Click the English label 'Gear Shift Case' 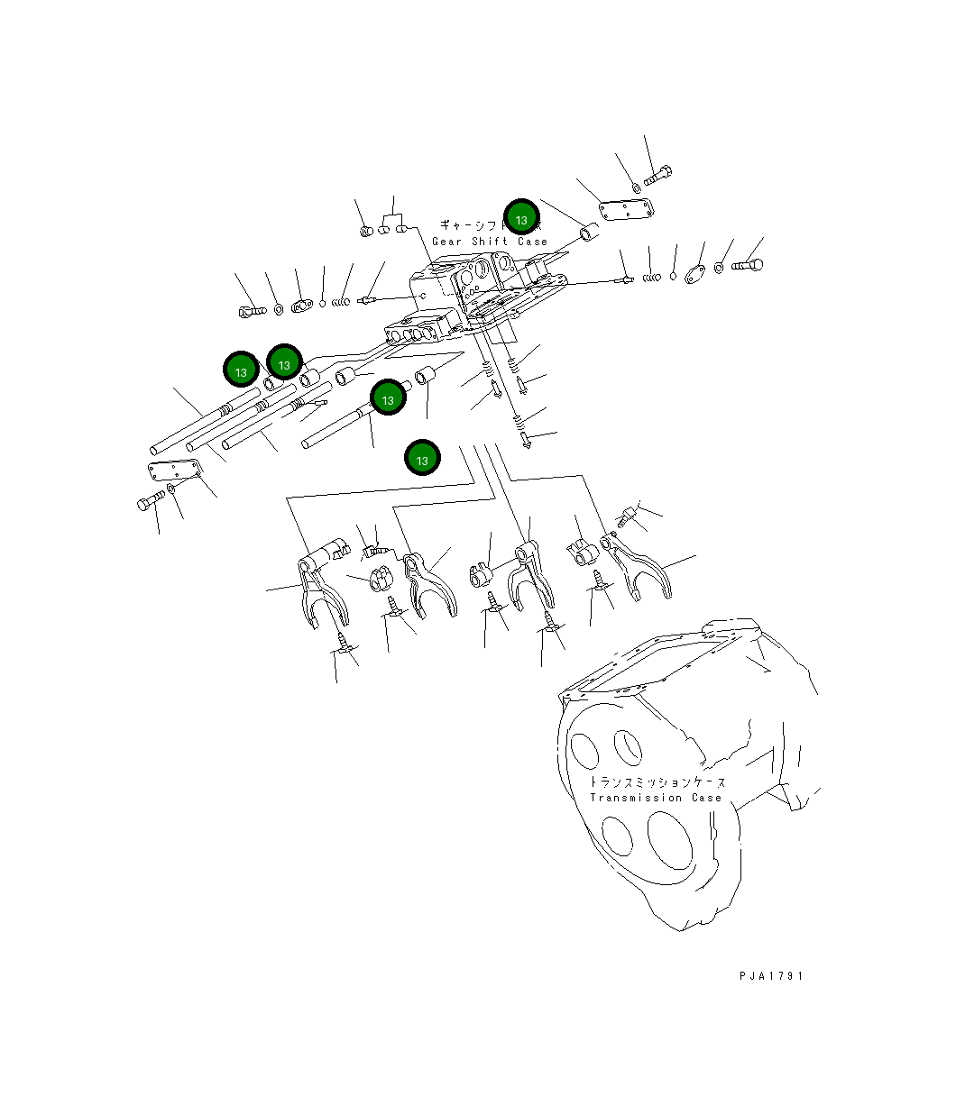click(x=489, y=242)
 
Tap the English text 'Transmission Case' click(x=656, y=798)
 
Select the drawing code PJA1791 click(x=769, y=975)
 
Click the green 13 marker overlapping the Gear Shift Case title click(x=521, y=218)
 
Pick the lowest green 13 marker click(x=422, y=458)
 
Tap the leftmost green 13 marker click(x=241, y=370)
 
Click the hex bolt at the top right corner click(x=659, y=173)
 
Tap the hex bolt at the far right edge click(x=748, y=265)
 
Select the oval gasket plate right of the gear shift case click(x=695, y=273)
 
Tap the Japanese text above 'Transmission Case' click(x=656, y=781)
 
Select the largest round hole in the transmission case click(x=668, y=837)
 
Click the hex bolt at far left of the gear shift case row click(x=250, y=311)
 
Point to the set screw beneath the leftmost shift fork click(x=345, y=641)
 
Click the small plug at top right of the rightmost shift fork click(x=628, y=516)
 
